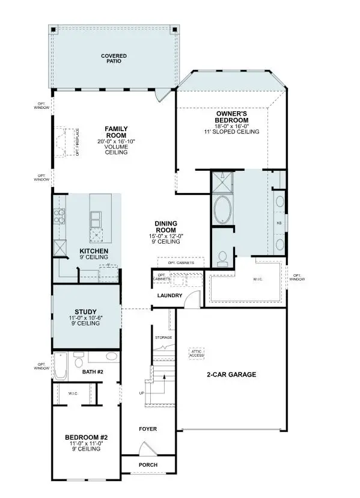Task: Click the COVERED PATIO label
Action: click(114, 58)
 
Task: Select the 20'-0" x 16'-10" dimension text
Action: click(116, 141)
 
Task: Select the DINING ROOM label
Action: click(165, 226)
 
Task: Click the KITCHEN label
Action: click(94, 250)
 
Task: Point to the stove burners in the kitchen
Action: click(60, 215)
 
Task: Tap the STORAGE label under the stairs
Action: click(163, 337)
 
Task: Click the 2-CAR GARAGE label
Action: click(231, 374)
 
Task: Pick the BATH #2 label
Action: click(93, 372)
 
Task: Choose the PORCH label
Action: click(147, 464)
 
